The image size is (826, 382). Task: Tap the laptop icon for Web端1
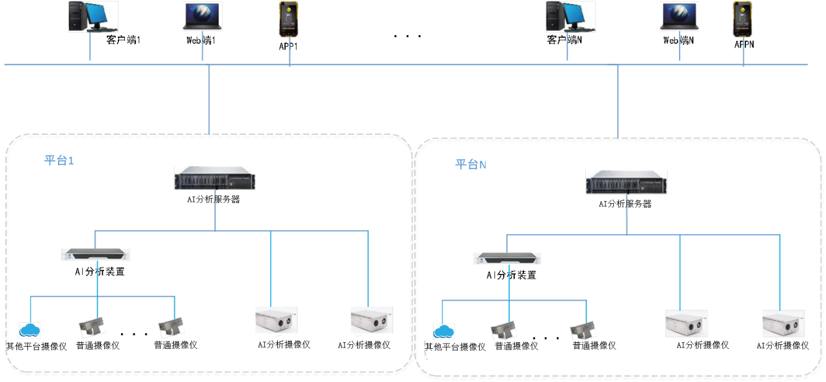202,16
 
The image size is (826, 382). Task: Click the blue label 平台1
59,160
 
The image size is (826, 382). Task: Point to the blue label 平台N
471,164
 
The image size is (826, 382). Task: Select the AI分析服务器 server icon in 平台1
215,180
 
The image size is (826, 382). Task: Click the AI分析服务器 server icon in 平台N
626,184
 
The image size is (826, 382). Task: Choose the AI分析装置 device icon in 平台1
96,254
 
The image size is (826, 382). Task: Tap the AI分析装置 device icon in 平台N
508,258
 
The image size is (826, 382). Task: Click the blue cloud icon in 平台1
30,331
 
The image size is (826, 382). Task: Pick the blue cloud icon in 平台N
444,333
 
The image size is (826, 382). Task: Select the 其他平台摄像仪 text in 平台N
456,347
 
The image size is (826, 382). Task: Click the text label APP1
288,47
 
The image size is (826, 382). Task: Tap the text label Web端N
679,40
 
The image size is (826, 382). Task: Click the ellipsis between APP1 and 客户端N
408,36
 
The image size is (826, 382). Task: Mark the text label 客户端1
124,40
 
